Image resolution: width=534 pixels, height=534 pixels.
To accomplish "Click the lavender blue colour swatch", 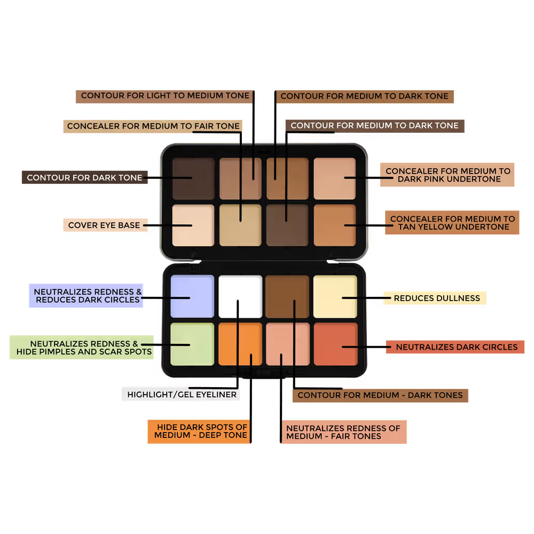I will click(x=192, y=296).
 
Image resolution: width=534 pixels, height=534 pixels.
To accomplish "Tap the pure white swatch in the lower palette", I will click(x=240, y=296).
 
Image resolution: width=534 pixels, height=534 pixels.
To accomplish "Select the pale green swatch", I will click(x=192, y=344).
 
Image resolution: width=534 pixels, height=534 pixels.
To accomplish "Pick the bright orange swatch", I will click(x=240, y=344).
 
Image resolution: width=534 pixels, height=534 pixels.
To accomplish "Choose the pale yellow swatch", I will click(x=335, y=296).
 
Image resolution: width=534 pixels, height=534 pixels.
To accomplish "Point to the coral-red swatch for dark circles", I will click(x=335, y=344).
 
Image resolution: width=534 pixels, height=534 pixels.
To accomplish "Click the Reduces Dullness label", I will click(x=437, y=298).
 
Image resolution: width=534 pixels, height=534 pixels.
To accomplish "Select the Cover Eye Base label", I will click(x=104, y=225).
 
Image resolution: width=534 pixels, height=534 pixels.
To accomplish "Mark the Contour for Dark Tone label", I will click(x=84, y=177).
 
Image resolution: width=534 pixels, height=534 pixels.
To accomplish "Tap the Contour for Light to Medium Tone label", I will click(x=165, y=96).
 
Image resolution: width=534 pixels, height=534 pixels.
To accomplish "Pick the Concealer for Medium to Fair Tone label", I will click(x=153, y=126).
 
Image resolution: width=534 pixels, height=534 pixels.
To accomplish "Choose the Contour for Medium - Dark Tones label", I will click(x=380, y=395).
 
